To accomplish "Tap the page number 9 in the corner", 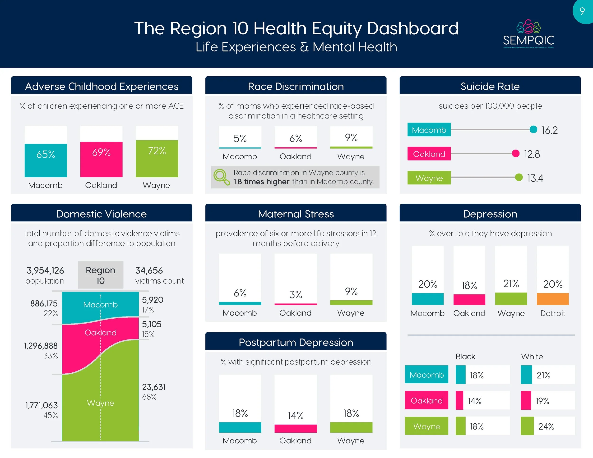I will click(582, 11).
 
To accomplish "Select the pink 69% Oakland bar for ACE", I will click(101, 159).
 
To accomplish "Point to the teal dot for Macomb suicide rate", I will click(533, 129).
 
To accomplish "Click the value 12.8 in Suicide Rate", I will click(532, 154).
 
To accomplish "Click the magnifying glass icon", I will click(222, 177).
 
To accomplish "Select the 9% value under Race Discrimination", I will click(351, 137).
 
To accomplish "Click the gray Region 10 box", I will click(101, 275).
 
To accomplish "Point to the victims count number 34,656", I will click(149, 270).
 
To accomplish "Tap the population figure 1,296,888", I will click(41, 346).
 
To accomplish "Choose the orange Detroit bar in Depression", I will click(552, 299).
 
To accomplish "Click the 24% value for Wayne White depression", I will click(546, 426).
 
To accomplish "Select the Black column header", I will click(465, 357).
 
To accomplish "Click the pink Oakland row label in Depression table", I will click(426, 400).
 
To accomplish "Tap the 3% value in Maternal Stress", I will click(295, 294).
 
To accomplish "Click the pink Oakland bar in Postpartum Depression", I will click(295, 428).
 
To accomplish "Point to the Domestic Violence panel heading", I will click(102, 214).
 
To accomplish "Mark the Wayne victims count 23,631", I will click(154, 387).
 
